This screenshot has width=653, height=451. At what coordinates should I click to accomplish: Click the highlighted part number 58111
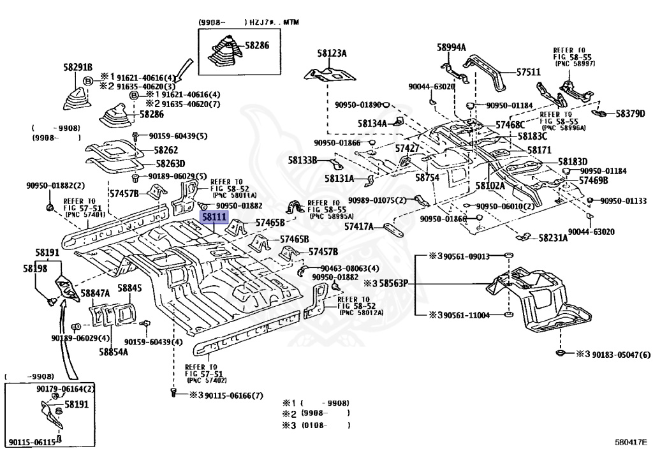coord(214,217)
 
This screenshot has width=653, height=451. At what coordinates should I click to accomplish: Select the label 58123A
coord(332,54)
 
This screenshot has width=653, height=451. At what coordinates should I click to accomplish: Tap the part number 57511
coord(529,72)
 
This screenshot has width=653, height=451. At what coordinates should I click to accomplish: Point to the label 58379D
coord(630,114)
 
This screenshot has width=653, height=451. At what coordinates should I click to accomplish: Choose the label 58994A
coord(451,47)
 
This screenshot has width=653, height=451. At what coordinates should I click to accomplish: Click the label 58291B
coord(78,67)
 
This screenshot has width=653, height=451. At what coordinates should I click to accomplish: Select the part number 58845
coord(129,288)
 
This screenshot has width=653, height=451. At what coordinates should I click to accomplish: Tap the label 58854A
coord(114,352)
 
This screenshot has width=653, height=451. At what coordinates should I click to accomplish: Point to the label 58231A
coord(553,238)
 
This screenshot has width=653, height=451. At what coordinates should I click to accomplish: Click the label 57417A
coord(359,227)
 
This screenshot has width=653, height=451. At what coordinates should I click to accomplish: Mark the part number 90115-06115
coord(32,442)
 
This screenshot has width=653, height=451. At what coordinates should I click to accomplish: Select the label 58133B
coord(303,160)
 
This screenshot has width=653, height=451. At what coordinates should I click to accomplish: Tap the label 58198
coord(36,269)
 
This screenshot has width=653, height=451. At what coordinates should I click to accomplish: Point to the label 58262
coord(166,151)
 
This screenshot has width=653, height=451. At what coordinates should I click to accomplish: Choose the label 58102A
coord(490,186)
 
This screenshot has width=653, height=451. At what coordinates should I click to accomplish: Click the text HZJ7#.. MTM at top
coord(274,22)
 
